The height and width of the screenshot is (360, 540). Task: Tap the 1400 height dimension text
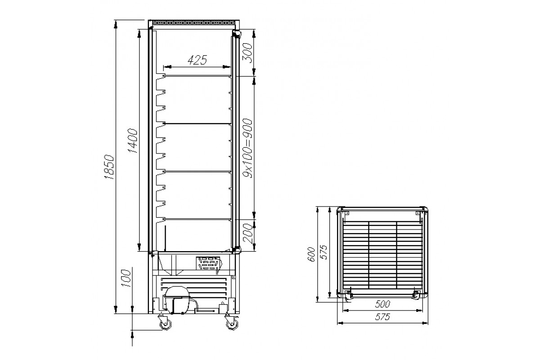click(x=133, y=141)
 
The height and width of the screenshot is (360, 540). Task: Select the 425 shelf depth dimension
click(x=197, y=60)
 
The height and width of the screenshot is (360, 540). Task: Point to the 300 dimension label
click(x=247, y=53)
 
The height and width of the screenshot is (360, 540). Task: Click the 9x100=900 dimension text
click(x=247, y=148)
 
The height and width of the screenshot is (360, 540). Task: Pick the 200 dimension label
click(x=247, y=233)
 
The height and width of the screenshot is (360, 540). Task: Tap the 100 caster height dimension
click(x=126, y=278)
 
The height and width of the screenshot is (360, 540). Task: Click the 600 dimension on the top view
click(x=311, y=254)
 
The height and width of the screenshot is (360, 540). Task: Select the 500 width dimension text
click(x=382, y=304)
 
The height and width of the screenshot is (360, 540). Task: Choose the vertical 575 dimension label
click(x=324, y=252)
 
